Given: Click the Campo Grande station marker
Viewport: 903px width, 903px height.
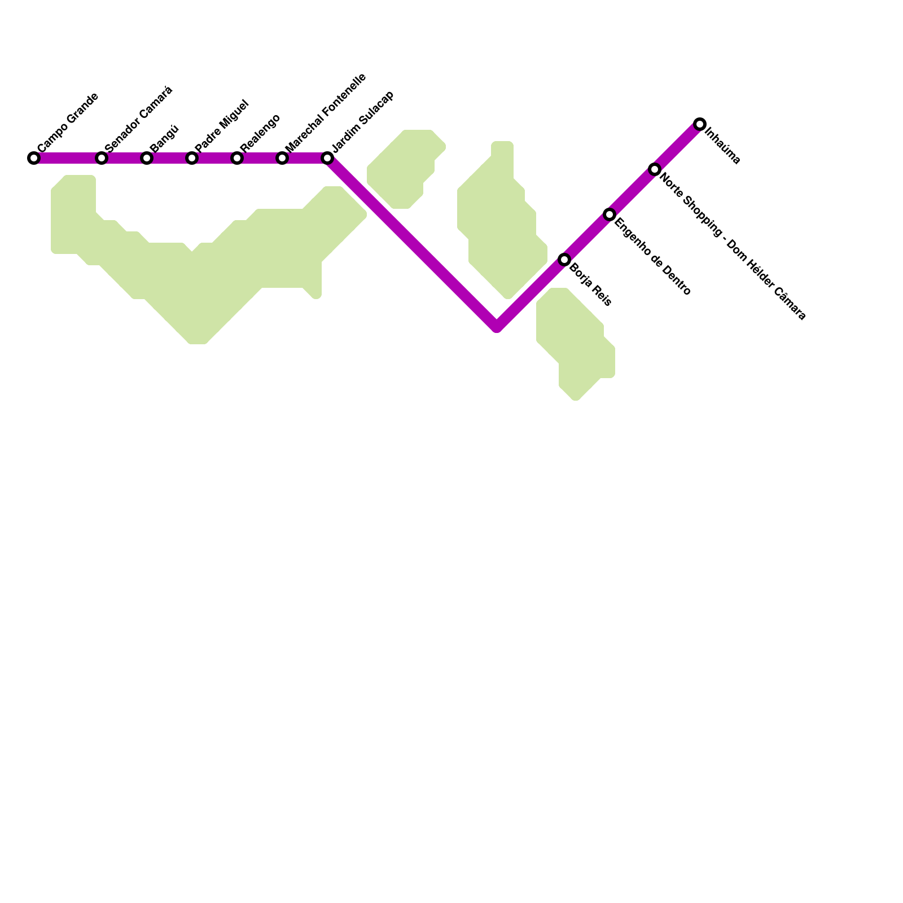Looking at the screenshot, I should click(x=34, y=158).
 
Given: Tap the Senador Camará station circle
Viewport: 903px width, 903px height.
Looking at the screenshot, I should click(x=102, y=158).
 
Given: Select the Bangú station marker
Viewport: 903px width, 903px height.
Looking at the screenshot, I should click(x=147, y=158).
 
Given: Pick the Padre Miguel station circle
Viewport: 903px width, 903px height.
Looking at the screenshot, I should click(x=192, y=158).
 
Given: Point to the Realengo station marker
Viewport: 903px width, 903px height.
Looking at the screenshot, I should click(x=237, y=158).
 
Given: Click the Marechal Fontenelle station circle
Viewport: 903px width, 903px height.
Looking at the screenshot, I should click(x=282, y=158).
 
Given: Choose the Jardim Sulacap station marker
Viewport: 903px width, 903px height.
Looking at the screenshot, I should click(x=327, y=158).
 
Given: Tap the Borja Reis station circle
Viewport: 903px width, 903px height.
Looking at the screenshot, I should click(x=564, y=260).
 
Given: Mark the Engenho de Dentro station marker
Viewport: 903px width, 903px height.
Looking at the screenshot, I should click(x=610, y=214).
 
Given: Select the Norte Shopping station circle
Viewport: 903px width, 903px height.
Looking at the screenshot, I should click(x=655, y=169).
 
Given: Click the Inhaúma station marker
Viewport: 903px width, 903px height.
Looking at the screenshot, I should click(x=700, y=124).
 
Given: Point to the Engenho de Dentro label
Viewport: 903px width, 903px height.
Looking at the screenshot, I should click(x=652, y=257).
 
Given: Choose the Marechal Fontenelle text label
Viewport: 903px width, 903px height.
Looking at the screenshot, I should click(x=326, y=112).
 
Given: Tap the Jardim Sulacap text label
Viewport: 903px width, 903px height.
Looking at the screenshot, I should click(x=362, y=121).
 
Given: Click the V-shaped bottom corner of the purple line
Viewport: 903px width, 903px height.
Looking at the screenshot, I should click(x=497, y=326).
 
